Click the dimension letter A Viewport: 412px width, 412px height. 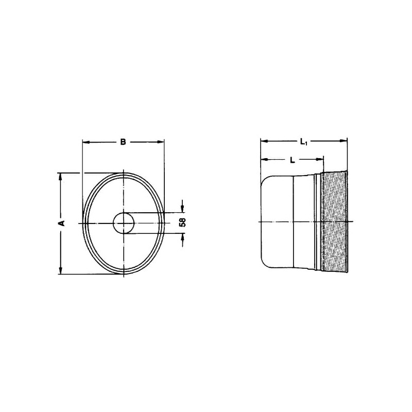(62, 223)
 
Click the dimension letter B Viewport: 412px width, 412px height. (123, 142)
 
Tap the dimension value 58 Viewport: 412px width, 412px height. (182, 222)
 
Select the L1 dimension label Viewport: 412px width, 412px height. (304, 142)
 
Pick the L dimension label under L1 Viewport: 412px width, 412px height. (292, 160)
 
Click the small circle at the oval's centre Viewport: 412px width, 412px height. (124, 223)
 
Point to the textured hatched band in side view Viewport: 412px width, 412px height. (334, 222)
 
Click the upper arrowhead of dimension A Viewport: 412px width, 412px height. (61, 177)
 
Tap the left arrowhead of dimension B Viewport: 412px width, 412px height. (86, 142)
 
